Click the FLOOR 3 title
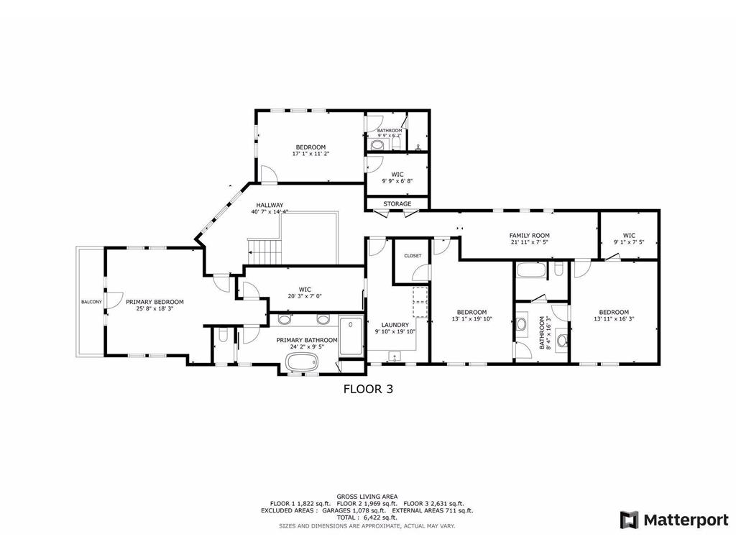pos(367,389)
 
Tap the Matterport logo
pos(674,520)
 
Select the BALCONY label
pos(91,302)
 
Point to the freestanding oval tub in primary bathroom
pos(305,364)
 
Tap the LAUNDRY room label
pos(395,325)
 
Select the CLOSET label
pos(413,256)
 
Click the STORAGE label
pos(397,204)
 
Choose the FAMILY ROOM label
pos(529,236)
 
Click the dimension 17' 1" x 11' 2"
pos(310,153)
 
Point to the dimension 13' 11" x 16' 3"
pos(614,318)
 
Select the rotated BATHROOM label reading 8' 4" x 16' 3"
pos(546,333)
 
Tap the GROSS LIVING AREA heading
pos(367,497)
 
